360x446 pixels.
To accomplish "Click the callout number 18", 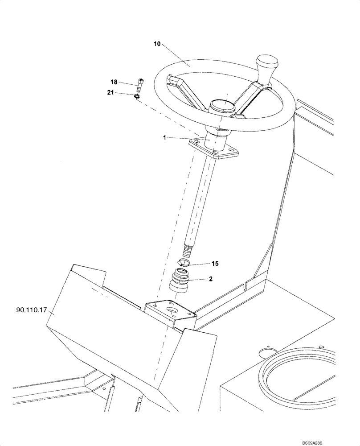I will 114,82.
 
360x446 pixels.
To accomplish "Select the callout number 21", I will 110,92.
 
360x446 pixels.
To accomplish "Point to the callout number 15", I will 215,264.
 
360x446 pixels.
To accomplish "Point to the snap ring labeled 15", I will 184,262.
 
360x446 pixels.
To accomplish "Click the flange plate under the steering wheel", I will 213,149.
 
